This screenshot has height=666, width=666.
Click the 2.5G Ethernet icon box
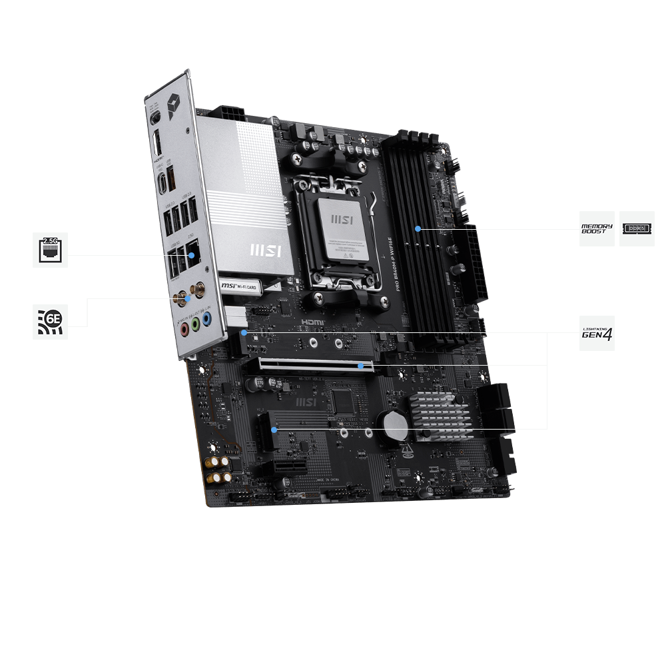(50, 250)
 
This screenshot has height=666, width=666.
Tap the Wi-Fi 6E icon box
(50, 322)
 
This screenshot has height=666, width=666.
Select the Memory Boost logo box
(597, 228)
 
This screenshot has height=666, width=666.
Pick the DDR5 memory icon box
(637, 228)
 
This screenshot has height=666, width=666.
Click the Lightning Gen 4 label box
(597, 333)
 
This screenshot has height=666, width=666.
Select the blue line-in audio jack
(207, 320)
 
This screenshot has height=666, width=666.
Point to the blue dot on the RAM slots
(418, 228)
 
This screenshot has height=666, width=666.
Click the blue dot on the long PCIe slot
(361, 366)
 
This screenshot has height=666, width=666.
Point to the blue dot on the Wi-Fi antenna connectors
(188, 298)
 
